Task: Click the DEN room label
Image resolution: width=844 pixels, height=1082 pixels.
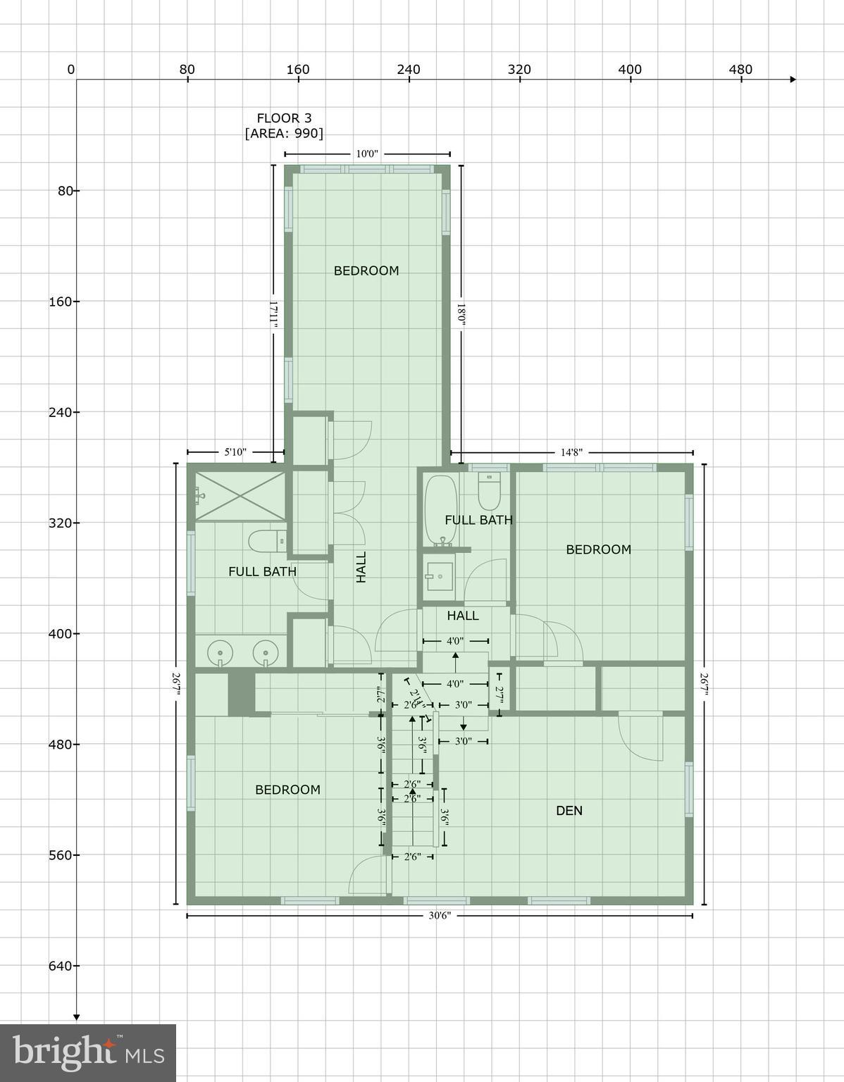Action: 569,811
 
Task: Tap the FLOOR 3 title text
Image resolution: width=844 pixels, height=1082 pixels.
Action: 284,118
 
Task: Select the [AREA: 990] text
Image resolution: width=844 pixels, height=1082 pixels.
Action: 284,133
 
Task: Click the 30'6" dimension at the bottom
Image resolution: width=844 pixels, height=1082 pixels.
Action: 439,916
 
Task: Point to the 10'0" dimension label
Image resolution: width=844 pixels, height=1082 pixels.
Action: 367,154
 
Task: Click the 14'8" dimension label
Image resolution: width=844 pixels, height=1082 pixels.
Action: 571,452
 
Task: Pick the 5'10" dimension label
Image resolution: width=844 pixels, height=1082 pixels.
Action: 235,452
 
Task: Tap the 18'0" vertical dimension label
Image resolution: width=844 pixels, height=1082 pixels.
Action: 461,314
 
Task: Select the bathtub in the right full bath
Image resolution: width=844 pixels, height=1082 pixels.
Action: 440,509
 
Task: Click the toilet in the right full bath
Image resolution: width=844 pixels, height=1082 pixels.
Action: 489,491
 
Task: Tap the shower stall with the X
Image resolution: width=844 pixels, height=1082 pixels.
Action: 240,496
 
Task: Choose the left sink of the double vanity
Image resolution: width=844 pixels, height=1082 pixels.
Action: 221,652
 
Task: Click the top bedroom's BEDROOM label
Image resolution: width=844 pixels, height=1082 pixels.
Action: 366,270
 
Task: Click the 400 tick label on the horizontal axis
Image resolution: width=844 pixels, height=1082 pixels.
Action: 630,69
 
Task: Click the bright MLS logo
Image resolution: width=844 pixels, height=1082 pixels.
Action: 88,1052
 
